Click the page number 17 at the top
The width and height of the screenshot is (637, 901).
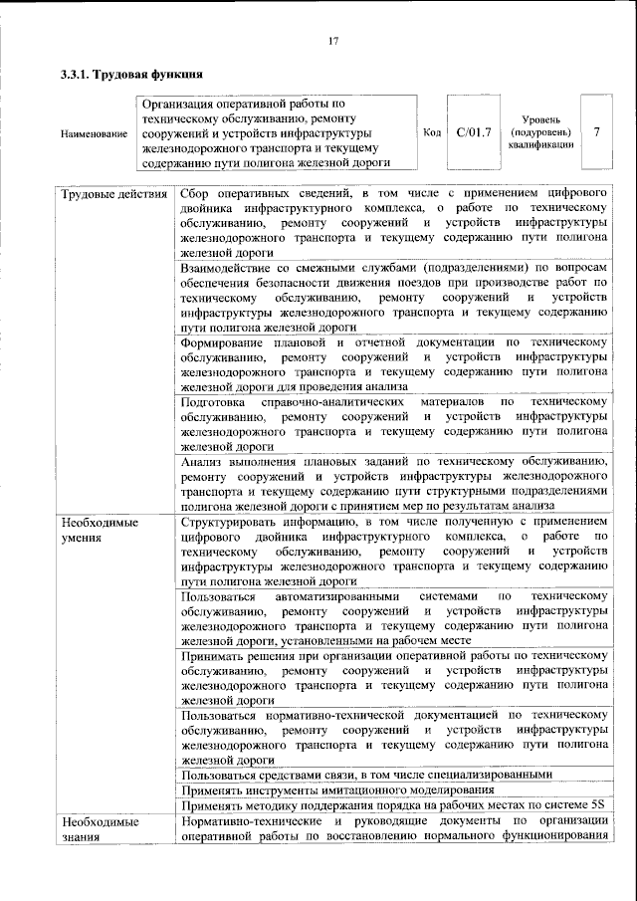[333, 40]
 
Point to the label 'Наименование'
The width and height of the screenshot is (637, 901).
[94, 133]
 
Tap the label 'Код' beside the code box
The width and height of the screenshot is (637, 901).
[432, 132]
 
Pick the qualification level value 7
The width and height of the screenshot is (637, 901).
[596, 132]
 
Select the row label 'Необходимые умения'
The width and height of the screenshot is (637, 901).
[100, 530]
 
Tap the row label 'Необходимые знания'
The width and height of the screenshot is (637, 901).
[100, 829]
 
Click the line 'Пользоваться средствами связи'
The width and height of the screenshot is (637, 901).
[365, 775]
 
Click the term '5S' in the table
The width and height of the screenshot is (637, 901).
[595, 805]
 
